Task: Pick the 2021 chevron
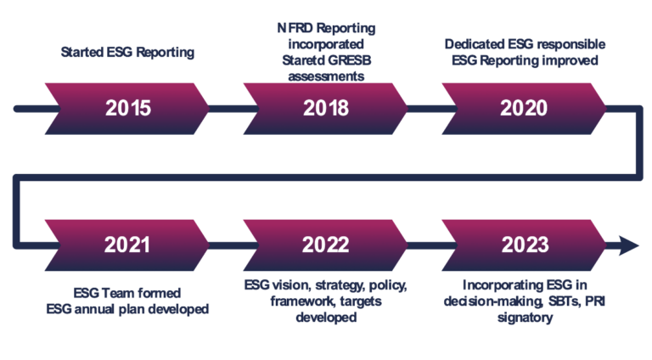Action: point(127,245)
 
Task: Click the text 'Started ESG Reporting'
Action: point(127,53)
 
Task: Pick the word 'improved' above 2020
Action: point(576,60)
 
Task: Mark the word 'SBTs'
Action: point(551,301)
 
